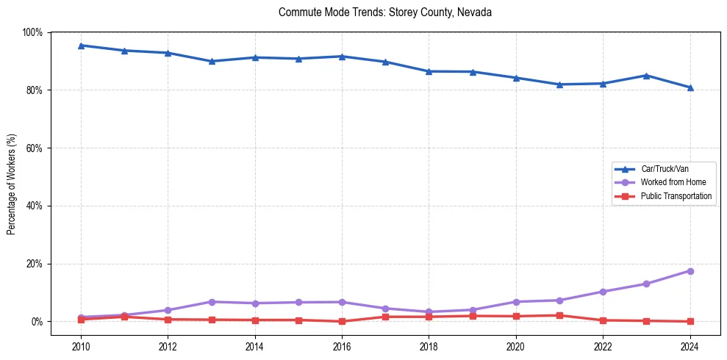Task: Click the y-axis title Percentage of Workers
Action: pyautogui.click(x=12, y=184)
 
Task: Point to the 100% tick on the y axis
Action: pyautogui.click(x=32, y=32)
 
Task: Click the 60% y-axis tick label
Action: pyautogui.click(x=35, y=148)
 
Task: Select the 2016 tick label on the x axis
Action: pyautogui.click(x=342, y=345)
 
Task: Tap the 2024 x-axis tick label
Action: pyautogui.click(x=690, y=345)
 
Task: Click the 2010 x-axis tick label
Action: pyautogui.click(x=81, y=345)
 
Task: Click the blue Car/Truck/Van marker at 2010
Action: pyautogui.click(x=81, y=46)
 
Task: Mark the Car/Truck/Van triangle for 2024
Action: pyautogui.click(x=690, y=87)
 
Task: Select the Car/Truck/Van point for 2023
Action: pyautogui.click(x=646, y=76)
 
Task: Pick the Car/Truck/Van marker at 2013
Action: pyautogui.click(x=211, y=61)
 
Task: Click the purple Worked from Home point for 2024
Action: pyautogui.click(x=690, y=271)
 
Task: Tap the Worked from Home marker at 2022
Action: pyautogui.click(x=603, y=292)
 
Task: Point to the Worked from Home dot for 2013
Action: pyautogui.click(x=211, y=302)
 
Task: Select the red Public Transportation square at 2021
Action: pyautogui.click(x=559, y=315)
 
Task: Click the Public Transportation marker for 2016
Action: pyautogui.click(x=342, y=321)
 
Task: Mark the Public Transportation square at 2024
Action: pyautogui.click(x=690, y=321)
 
